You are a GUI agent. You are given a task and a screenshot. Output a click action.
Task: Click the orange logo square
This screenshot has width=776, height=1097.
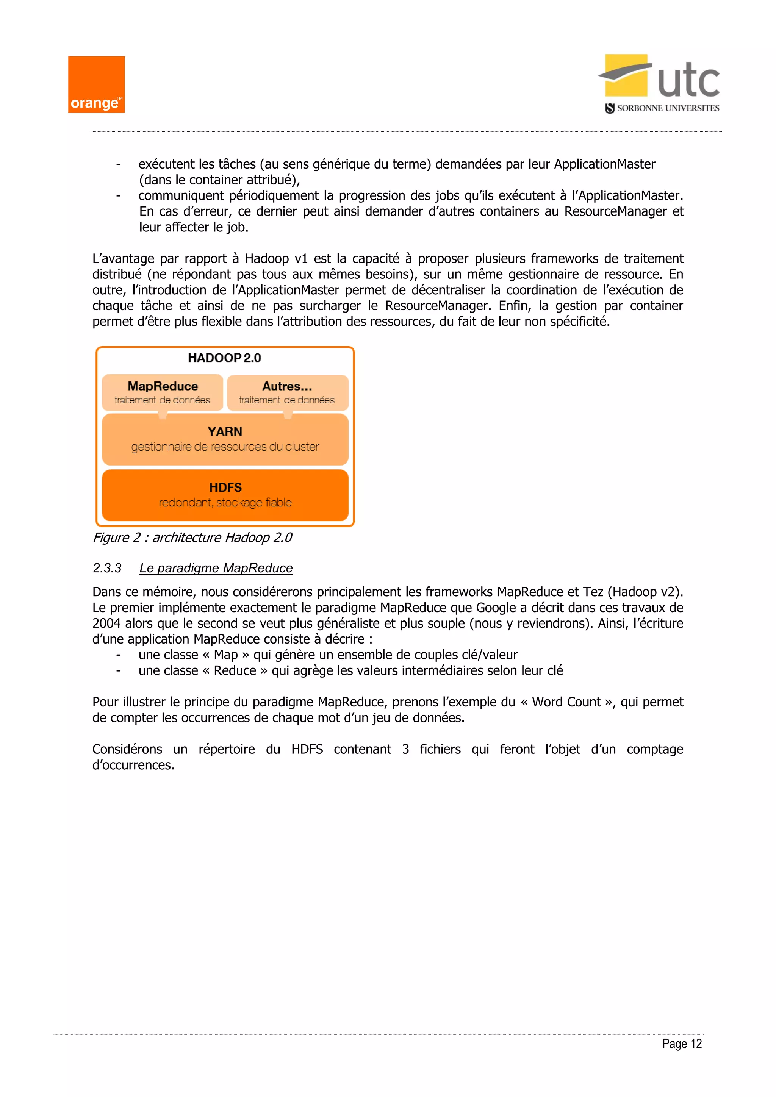point(96,84)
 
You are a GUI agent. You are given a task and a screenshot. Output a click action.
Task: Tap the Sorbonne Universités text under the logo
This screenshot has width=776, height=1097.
point(668,108)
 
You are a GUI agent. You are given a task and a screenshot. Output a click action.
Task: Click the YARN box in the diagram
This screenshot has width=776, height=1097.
point(225,439)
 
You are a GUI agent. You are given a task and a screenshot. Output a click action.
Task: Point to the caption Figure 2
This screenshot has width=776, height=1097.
point(192,538)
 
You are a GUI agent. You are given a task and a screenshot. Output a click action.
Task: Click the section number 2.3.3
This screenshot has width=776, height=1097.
point(107,568)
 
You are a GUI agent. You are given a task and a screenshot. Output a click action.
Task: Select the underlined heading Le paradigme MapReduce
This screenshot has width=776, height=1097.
point(216,568)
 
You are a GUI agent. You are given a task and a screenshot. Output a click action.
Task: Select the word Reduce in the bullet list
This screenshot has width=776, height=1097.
point(235,671)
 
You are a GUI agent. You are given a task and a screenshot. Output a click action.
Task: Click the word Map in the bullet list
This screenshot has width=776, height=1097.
point(225,655)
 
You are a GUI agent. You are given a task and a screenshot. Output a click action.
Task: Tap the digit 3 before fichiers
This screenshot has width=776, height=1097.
point(405,749)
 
